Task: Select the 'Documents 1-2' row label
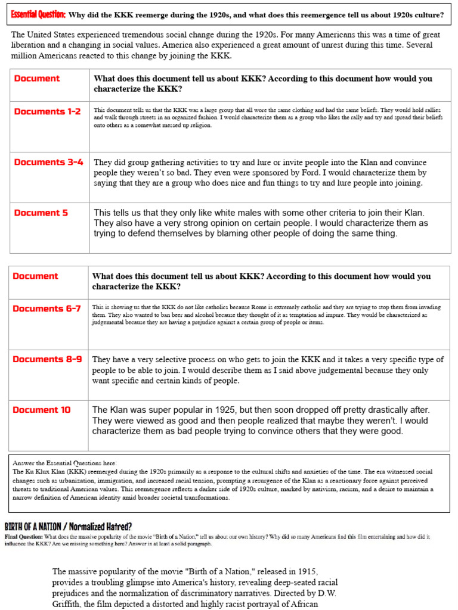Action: pyautogui.click(x=47, y=111)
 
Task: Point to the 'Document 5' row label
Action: pyautogui.click(x=41, y=213)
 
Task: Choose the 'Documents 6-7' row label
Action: pyautogui.click(x=47, y=309)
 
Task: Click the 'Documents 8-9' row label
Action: pyautogui.click(x=48, y=359)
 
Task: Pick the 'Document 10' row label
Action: pyautogui.click(x=42, y=410)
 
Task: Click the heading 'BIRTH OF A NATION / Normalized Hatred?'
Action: pyautogui.click(x=68, y=527)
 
